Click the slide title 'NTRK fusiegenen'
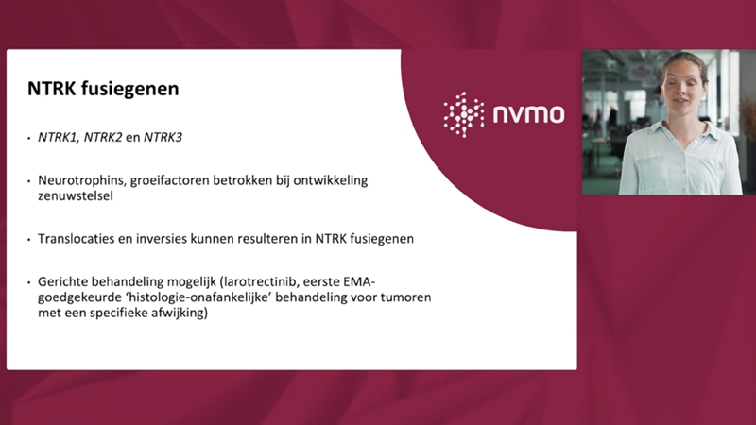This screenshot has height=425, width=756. pos(103,89)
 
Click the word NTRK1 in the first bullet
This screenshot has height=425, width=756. pos(59,137)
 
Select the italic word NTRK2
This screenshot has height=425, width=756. pos(103,137)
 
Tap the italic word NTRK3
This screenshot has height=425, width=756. pos(163,137)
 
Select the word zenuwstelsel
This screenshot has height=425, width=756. pos(76,195)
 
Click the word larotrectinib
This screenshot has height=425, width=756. pos(261,281)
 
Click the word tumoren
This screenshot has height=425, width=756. pos(406,297)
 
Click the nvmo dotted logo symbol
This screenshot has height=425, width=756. pos(464,114)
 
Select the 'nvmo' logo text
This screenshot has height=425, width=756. pos(528,114)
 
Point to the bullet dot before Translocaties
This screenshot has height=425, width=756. pos(29,240)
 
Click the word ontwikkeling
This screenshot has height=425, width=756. pos(331,180)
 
